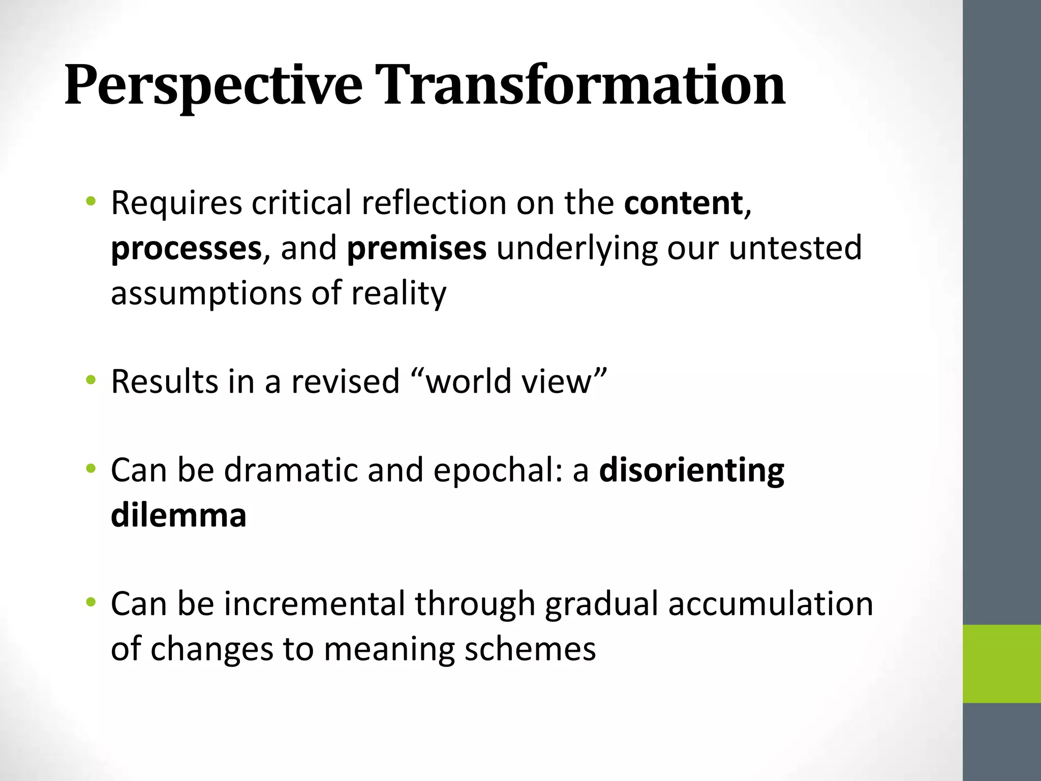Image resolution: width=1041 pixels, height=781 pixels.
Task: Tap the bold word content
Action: point(683,203)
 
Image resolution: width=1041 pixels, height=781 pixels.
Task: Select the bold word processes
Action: point(186,249)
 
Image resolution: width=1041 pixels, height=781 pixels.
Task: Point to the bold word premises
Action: point(416,249)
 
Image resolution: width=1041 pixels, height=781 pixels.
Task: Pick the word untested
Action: point(795,248)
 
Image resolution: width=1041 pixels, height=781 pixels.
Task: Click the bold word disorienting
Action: point(691,470)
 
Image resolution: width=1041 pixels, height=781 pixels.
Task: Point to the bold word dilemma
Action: point(178,515)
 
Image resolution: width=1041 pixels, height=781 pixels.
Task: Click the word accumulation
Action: point(770,604)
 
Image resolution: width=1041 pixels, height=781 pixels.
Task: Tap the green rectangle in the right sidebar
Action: point(1001,664)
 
